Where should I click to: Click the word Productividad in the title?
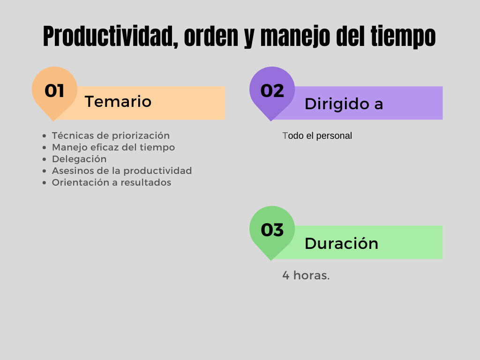coord(111,37)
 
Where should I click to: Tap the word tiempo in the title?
coord(403,37)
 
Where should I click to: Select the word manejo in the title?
coord(295,37)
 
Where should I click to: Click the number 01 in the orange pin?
coord(54,91)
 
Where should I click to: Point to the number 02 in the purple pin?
coord(272,91)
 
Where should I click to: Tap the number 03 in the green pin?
coord(272,230)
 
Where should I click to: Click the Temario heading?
coord(118,102)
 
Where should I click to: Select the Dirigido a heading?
coord(344,104)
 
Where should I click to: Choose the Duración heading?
coord(341,243)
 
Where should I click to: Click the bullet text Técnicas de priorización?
coord(111,135)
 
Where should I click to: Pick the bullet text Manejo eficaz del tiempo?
coord(113,147)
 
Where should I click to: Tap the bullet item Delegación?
coord(79,159)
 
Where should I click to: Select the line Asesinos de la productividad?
coord(122,171)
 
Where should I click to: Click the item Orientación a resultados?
coord(112,182)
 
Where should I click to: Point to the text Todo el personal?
coord(317,135)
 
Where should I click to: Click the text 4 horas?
coord(306,275)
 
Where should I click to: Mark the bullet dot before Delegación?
coord(45,159)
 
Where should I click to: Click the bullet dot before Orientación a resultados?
coord(45,183)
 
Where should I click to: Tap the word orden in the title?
coord(211,37)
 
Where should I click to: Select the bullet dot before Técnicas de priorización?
coord(45,136)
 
